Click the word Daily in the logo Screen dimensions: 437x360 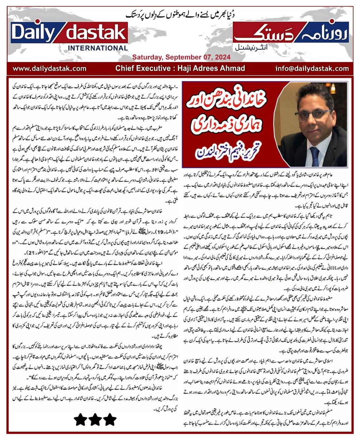pos(33,33)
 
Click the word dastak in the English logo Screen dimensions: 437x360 pos(95,33)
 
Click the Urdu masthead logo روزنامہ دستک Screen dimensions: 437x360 pos(290,32)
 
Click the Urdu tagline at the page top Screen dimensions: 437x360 pos(180,15)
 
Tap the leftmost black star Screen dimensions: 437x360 pos(80,420)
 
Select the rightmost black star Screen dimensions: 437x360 pos(109,420)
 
